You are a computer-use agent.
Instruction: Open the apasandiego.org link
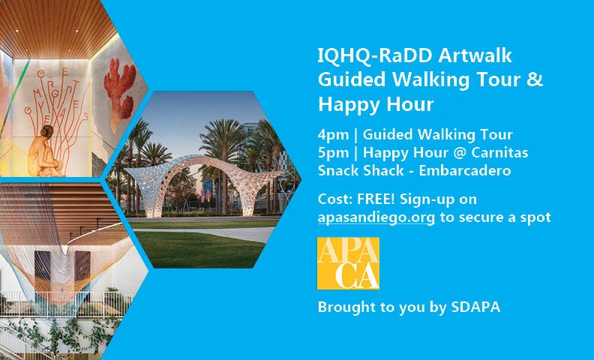376,217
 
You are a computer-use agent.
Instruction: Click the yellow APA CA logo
348,263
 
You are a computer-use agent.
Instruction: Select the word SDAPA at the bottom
474,308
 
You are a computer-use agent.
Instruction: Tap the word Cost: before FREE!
334,199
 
